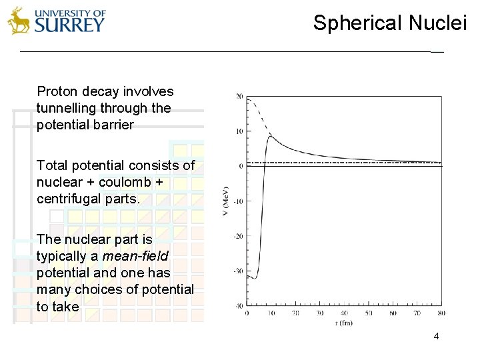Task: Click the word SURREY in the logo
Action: [x=69, y=25]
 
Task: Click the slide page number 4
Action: [x=436, y=336]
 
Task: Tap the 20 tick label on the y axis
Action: [x=239, y=97]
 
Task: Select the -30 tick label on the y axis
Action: [x=238, y=271]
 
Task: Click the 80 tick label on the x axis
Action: [x=441, y=313]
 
